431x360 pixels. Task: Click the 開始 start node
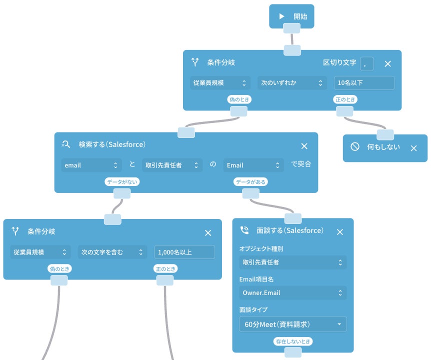point(292,16)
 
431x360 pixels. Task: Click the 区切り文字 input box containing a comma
point(366,63)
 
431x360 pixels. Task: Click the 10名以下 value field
point(364,83)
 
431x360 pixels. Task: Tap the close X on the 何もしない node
point(413,148)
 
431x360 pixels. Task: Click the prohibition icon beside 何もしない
point(355,147)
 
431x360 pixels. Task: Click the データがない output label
point(121,182)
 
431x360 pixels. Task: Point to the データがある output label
point(250,182)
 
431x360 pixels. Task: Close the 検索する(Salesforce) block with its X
point(304,146)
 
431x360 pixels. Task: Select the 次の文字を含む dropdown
point(112,252)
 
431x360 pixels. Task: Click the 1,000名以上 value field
point(184,252)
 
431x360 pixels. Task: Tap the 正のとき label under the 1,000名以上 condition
point(165,269)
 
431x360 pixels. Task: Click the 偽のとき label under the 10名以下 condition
point(239,99)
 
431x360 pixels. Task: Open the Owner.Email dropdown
point(292,293)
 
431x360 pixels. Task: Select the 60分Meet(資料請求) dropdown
point(292,324)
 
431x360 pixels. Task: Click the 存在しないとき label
point(293,341)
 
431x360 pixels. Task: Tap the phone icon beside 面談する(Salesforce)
point(244,230)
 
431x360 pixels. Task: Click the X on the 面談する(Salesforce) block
point(339,232)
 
